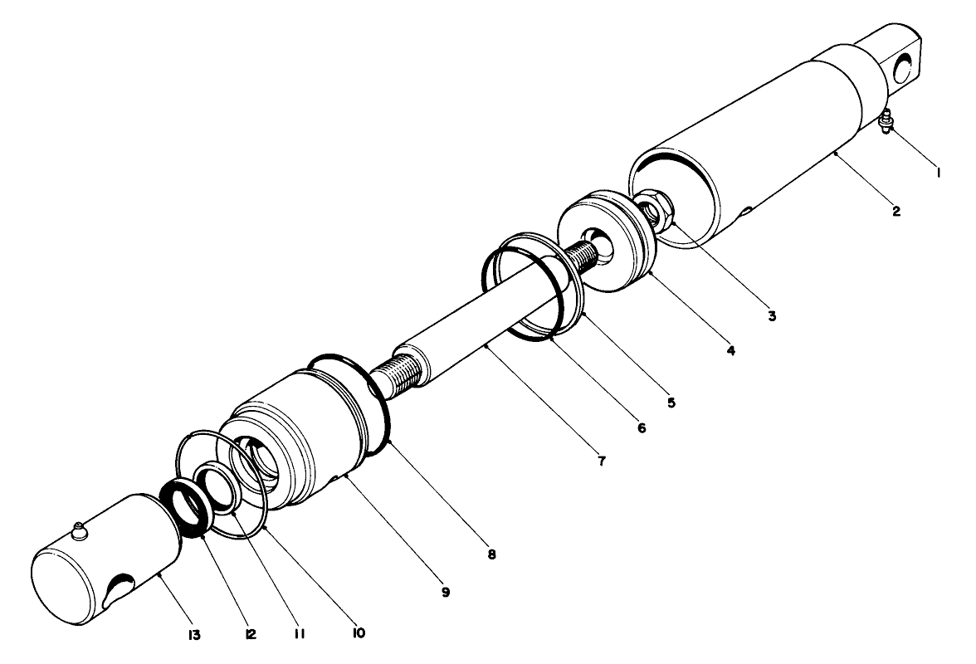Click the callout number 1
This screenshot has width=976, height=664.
tap(937, 173)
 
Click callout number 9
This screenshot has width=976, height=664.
tap(446, 592)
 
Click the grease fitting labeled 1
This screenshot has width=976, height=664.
tap(885, 120)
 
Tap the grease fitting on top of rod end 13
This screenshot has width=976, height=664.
tap(79, 531)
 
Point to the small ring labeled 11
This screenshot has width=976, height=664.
tap(217, 490)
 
